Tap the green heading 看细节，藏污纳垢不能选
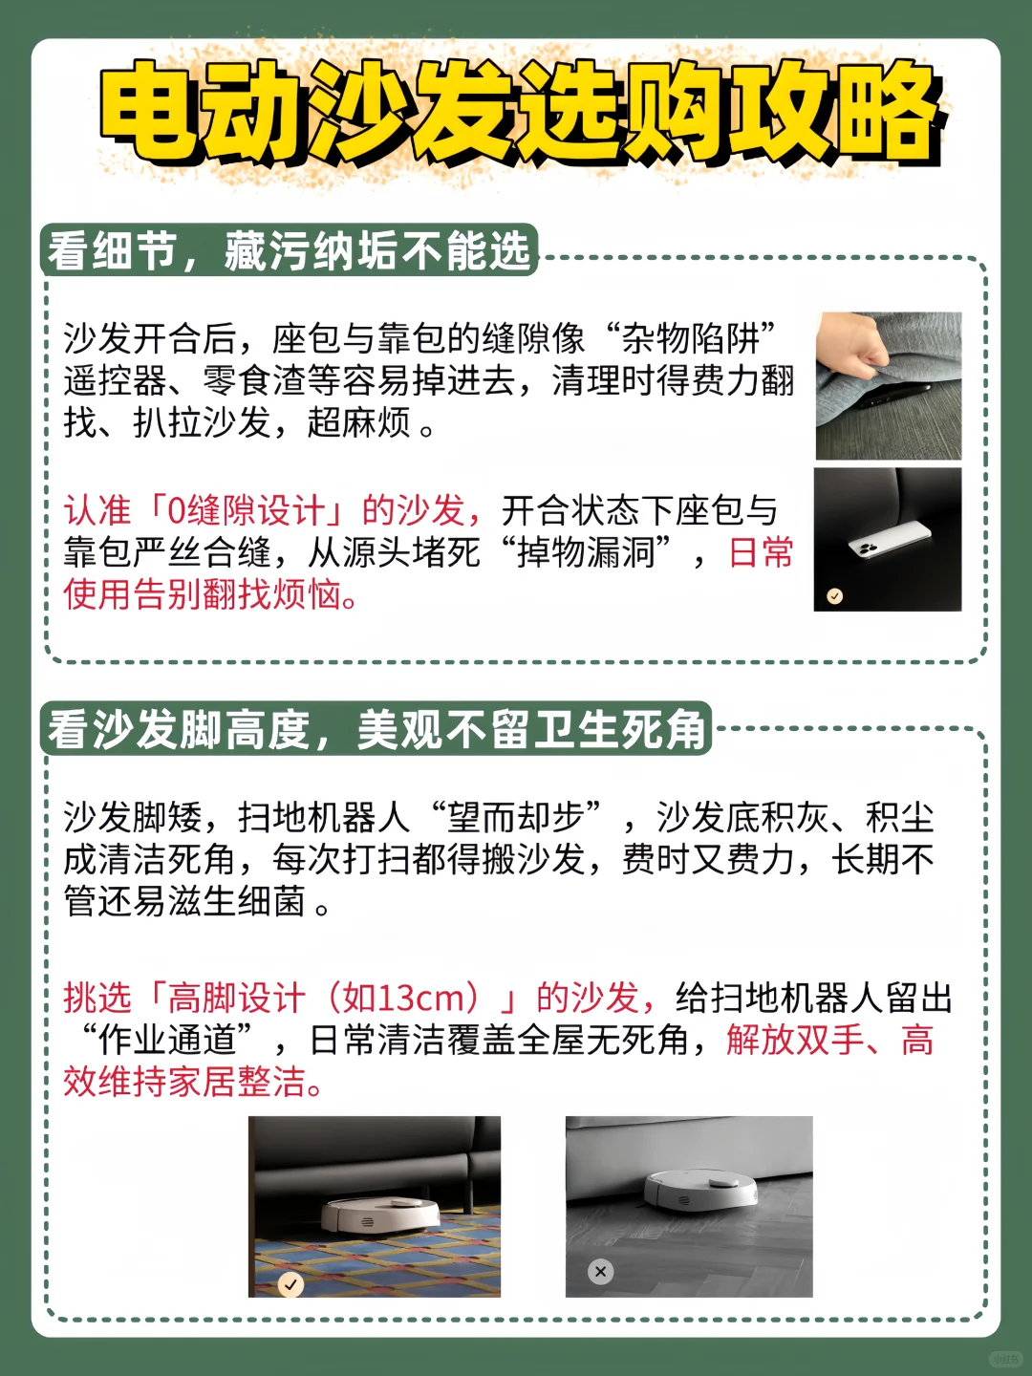pyautogui.click(x=289, y=251)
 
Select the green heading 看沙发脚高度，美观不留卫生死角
pyautogui.click(x=376, y=730)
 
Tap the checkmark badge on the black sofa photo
pyautogui.click(x=834, y=595)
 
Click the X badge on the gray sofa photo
pyautogui.click(x=600, y=1271)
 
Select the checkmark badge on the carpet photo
pyautogui.click(x=290, y=1284)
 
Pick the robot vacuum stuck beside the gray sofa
pyautogui.click(x=699, y=1190)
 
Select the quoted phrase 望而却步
pyautogui.click(x=515, y=817)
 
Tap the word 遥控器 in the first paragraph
pyautogui.click(x=115, y=380)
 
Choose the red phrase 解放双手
pyautogui.click(x=796, y=1040)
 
